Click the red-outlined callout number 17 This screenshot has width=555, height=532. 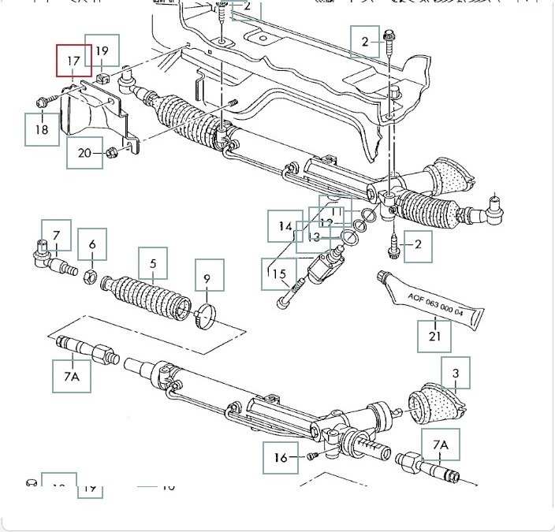pos(73,60)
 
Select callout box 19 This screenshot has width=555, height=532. pos(102,50)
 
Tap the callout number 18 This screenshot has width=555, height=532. pos(42,129)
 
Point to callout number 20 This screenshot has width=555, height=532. pos(84,153)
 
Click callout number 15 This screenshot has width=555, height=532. pos(280,274)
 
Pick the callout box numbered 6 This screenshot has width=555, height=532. pos(92,244)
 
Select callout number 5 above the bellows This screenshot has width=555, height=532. pos(154,263)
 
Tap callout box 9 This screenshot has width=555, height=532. pos(207,278)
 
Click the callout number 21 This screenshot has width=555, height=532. pos(435,334)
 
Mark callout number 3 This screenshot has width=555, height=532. pos(455,373)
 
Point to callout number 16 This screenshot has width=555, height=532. pos(281,456)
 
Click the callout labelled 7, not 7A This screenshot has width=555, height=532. pos(56,235)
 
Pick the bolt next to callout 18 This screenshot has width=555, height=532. pos(45,102)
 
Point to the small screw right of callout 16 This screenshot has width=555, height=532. pos(311,456)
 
